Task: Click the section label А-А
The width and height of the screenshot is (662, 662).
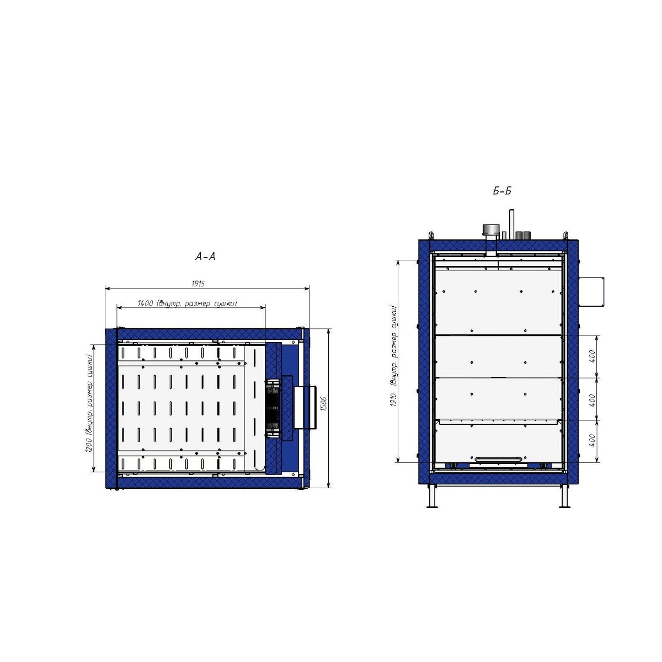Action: [x=205, y=257]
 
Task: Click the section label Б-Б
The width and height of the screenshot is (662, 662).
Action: [x=502, y=191]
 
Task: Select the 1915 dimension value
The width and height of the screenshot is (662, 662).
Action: [x=198, y=284]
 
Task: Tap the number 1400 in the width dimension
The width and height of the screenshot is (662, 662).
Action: [x=145, y=303]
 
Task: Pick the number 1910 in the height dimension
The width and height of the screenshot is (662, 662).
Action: [x=394, y=400]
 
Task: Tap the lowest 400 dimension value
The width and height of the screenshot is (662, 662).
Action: [x=592, y=440]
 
